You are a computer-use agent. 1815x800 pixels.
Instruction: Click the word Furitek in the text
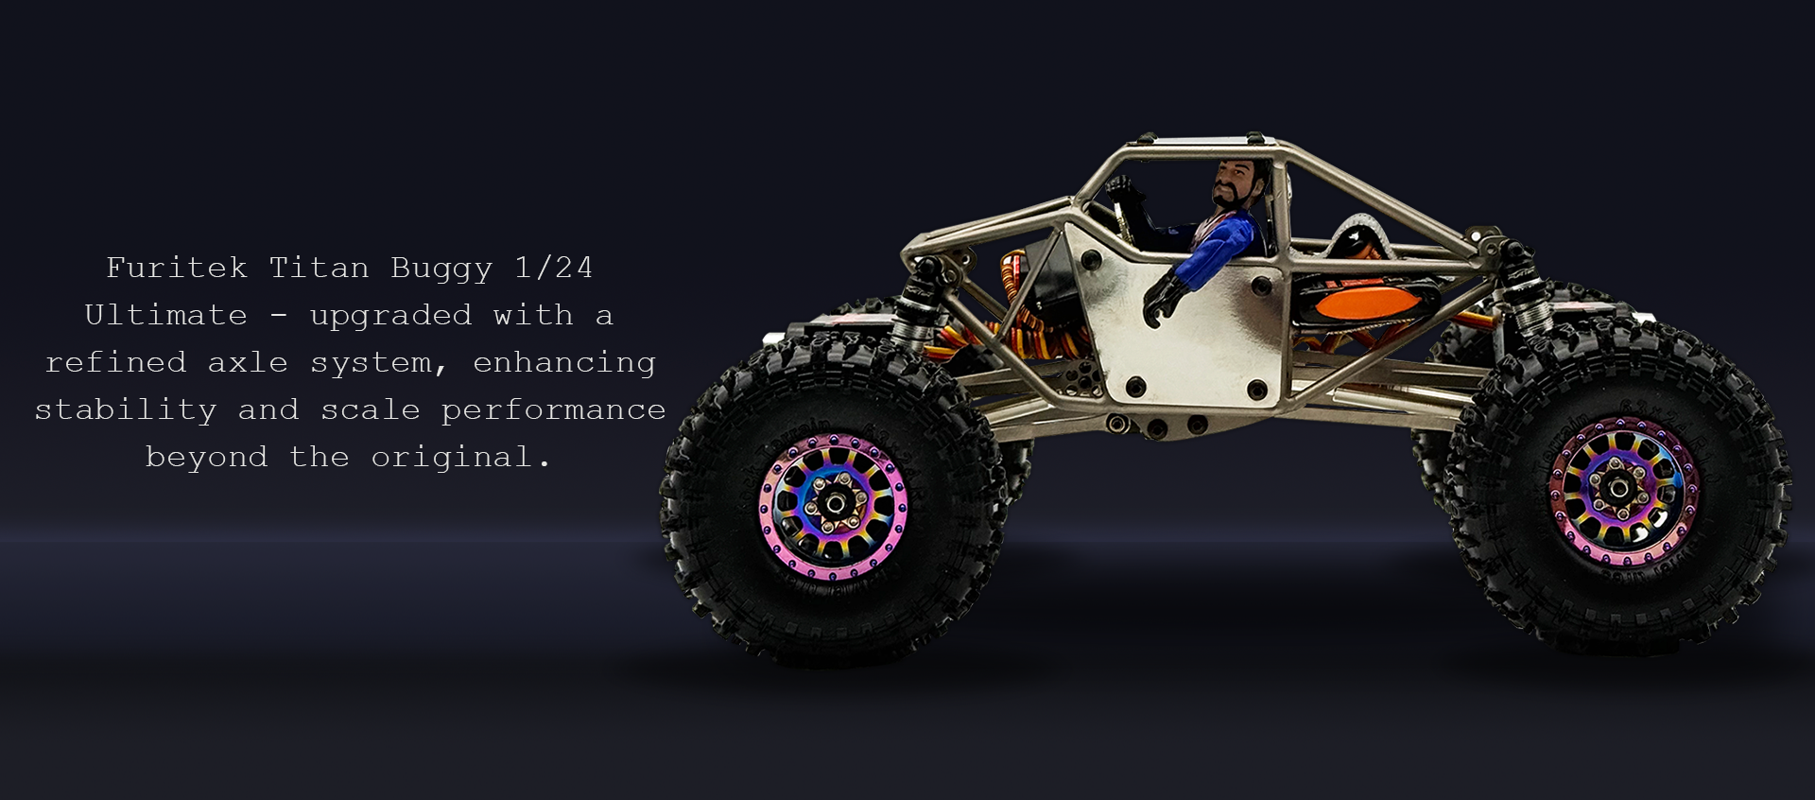click(177, 268)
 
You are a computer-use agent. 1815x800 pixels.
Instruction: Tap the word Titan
click(320, 268)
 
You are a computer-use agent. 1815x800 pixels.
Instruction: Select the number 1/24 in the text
click(554, 268)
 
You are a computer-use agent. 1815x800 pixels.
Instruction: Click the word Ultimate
click(166, 315)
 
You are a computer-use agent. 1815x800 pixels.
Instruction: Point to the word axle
click(248, 362)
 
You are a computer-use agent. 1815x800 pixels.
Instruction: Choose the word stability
click(126, 410)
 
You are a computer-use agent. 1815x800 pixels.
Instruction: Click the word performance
click(554, 410)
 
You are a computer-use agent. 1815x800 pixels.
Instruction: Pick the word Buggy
click(442, 269)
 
